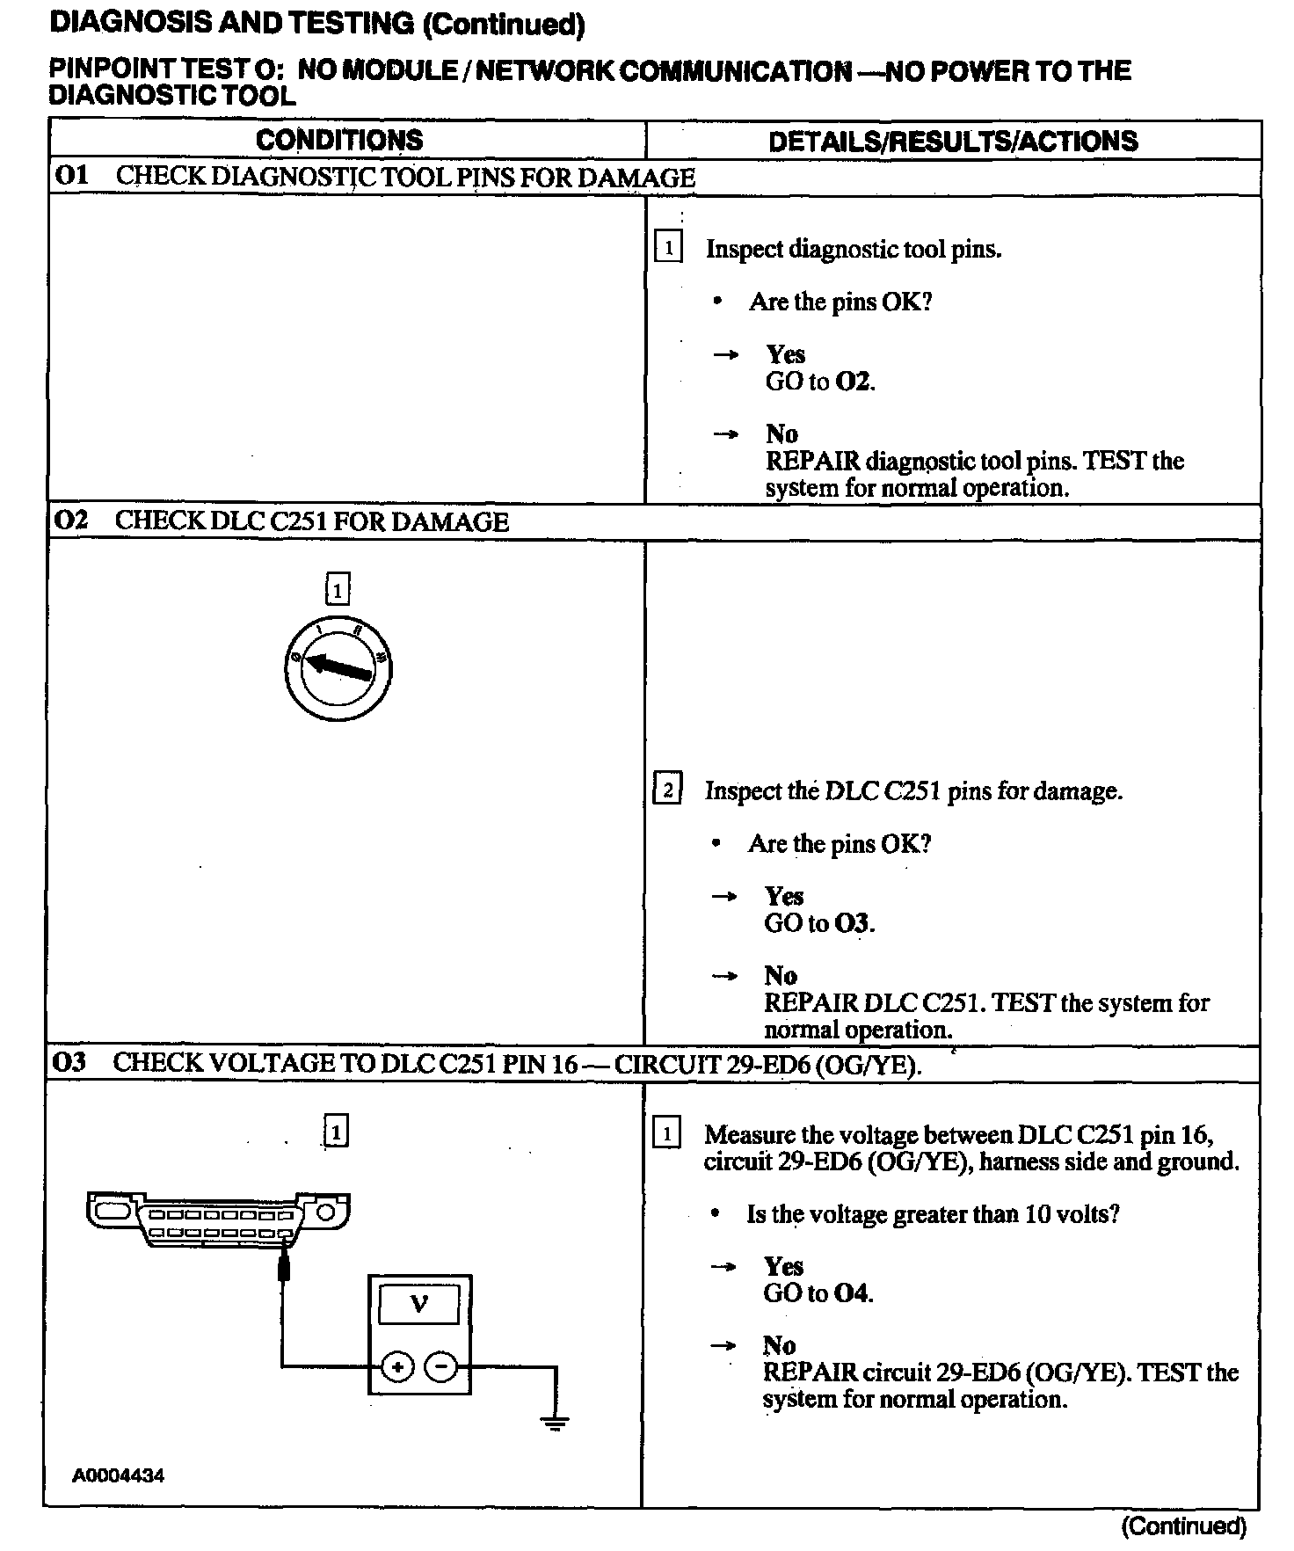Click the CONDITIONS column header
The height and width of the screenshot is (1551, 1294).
click(338, 141)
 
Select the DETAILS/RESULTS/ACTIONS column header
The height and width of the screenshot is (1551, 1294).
click(953, 142)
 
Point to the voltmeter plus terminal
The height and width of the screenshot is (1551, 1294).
click(398, 1366)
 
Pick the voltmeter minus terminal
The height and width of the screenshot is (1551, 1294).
click(441, 1366)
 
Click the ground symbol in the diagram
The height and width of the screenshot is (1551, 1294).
click(555, 1424)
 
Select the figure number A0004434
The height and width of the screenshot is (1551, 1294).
click(118, 1475)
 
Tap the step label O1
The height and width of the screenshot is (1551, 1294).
click(71, 176)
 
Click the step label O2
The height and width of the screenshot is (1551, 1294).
click(71, 521)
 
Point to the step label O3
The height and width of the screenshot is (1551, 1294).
click(69, 1062)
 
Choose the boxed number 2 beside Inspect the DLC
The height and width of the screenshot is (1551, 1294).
click(667, 790)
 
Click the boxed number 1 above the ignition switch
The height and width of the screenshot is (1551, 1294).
click(338, 589)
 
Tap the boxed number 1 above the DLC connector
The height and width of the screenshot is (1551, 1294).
click(336, 1131)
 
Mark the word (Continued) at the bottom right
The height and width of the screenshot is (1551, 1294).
click(1183, 1526)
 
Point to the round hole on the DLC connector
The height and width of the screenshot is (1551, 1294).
click(325, 1212)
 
